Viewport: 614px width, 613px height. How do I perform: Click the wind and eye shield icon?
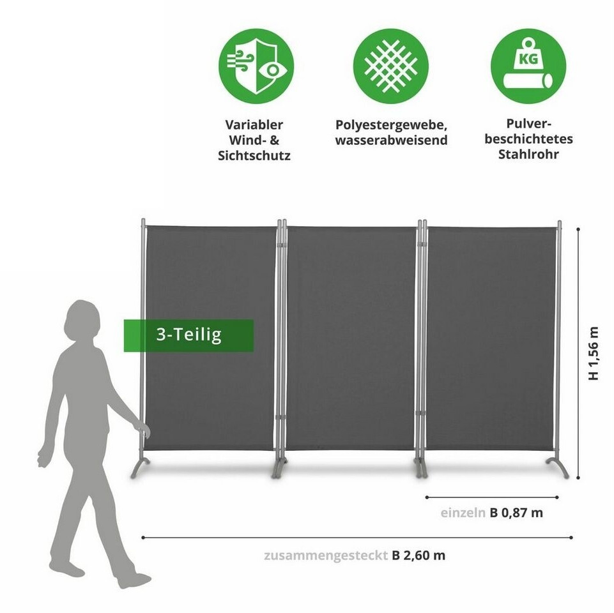tap(256, 66)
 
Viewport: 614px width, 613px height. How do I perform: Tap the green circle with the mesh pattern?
tap(390, 66)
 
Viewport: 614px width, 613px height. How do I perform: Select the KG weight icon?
tap(528, 66)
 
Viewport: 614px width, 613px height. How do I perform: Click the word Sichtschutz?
tap(254, 155)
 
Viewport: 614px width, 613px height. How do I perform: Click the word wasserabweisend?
tap(391, 140)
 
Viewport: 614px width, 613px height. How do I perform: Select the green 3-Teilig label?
tap(188, 335)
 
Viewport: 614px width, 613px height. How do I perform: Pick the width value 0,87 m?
tap(523, 512)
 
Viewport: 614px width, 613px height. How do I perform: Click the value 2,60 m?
tap(425, 555)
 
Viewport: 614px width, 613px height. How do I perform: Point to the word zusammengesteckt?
tap(325, 555)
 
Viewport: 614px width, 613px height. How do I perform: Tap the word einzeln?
tap(463, 512)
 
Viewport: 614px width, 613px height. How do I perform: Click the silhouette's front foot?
tap(134, 580)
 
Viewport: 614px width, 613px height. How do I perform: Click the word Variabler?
tap(254, 125)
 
